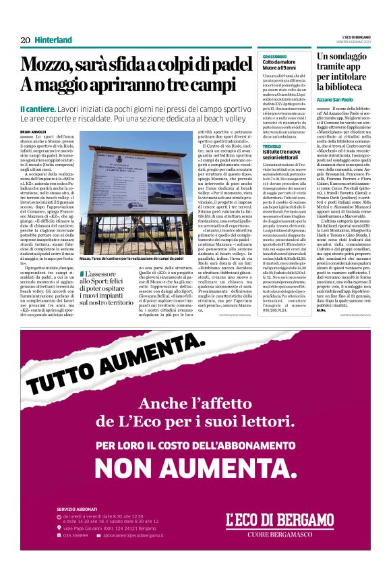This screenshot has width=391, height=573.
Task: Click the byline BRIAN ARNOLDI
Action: (34, 132)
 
